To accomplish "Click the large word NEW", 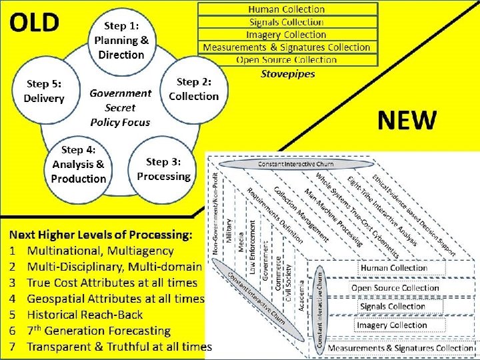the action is click(407, 121).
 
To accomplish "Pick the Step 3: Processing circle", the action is click(163, 169).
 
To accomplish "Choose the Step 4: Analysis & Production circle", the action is click(78, 164).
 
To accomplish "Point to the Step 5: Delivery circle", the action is click(44, 91).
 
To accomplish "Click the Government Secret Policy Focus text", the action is click(120, 107).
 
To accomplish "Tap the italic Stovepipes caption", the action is click(287, 73).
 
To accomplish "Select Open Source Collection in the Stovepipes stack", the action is click(286, 60).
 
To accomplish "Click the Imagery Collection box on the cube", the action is click(391, 325).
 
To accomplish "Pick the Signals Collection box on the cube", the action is click(392, 307).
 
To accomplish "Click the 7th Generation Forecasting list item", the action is click(89, 331).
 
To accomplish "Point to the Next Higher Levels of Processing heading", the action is click(101, 235).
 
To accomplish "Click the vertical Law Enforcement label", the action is click(253, 247).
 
